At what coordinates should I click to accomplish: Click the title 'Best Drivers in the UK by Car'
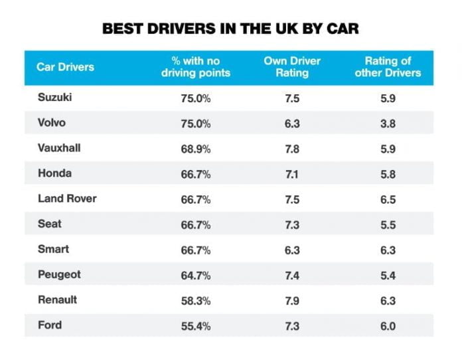(230, 29)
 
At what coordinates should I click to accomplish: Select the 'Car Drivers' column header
(66, 66)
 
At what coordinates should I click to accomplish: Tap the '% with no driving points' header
(195, 66)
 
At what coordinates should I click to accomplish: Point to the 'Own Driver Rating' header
(292, 66)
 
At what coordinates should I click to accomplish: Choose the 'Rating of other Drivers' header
(388, 66)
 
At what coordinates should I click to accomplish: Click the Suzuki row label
(55, 98)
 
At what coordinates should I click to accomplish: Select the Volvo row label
(52, 123)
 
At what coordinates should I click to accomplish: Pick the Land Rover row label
(67, 199)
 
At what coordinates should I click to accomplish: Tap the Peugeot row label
(59, 274)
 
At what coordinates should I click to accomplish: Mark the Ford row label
(50, 325)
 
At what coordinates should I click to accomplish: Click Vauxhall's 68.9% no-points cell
(195, 149)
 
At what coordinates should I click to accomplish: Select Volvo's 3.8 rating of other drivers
(388, 124)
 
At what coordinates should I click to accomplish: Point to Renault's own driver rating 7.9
(292, 300)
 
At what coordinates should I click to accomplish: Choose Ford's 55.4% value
(195, 325)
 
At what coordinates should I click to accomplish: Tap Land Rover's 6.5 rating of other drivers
(388, 199)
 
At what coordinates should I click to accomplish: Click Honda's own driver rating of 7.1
(292, 174)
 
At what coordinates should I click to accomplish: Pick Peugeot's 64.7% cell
(195, 275)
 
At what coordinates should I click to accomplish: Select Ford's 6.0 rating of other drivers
(388, 325)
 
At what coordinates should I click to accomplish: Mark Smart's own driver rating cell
(292, 250)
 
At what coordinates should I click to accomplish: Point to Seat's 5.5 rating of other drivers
(388, 225)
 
